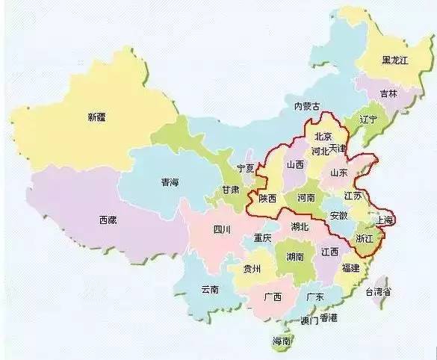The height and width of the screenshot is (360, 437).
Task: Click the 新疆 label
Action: coord(96,117)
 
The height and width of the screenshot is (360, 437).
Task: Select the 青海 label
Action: coord(170,182)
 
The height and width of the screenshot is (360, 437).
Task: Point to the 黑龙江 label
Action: coord(394,60)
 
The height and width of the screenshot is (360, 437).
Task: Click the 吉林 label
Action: coord(388,94)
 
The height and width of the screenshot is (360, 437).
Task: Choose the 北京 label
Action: coord(323,137)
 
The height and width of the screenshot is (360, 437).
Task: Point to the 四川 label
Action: coord(222,229)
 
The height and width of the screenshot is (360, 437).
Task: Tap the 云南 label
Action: coord(210,290)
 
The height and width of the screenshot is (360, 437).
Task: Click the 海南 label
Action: coord(282,341)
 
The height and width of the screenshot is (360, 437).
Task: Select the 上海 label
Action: coord(385,221)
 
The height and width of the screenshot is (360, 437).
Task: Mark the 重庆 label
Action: coord(261,239)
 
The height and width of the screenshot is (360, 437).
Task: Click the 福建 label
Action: coord(350,267)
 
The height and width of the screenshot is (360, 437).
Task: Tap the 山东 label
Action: coord(339,173)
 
